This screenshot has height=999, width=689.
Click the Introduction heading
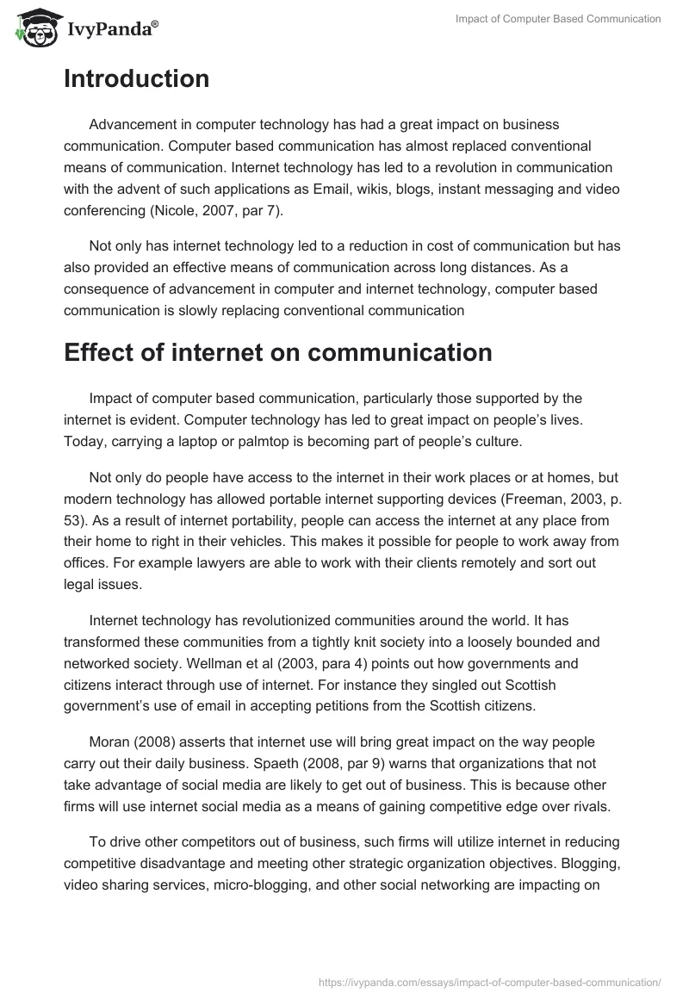[136, 79]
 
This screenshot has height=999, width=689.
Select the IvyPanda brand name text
[109, 29]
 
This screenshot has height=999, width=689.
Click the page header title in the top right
[558, 19]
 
